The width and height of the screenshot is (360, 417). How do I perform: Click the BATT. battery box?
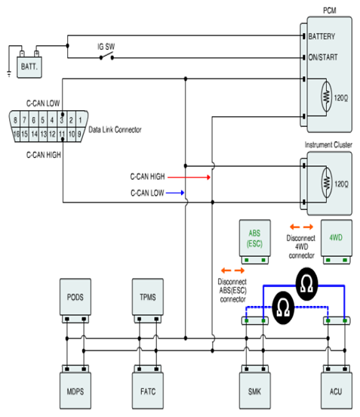click(29, 67)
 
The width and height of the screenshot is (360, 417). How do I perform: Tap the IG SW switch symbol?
click(106, 57)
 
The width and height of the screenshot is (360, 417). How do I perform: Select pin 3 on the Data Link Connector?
click(62, 120)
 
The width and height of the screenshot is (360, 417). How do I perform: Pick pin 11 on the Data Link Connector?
click(62, 134)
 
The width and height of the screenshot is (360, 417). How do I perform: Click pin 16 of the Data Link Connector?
click(16, 134)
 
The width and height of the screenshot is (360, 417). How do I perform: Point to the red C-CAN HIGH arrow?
click(189, 177)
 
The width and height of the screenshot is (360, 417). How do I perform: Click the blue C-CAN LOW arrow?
click(175, 193)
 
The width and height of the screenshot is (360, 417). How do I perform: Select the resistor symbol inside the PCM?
click(326, 96)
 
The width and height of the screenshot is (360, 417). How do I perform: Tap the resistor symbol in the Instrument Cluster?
click(327, 183)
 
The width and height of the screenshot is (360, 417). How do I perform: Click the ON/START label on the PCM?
click(323, 57)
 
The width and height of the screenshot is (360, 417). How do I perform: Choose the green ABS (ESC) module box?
click(255, 238)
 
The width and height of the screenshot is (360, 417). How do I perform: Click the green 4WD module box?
click(337, 238)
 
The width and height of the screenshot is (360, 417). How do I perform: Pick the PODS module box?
click(75, 297)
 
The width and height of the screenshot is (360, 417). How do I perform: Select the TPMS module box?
click(148, 297)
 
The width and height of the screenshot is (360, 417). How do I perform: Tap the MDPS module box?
click(75, 391)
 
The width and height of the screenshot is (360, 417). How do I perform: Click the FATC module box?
click(148, 391)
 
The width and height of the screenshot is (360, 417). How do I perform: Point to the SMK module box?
click(255, 391)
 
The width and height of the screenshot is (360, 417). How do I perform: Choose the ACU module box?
click(337, 391)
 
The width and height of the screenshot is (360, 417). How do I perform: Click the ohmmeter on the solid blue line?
click(307, 284)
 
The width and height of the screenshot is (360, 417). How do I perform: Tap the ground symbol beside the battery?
click(9, 74)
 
